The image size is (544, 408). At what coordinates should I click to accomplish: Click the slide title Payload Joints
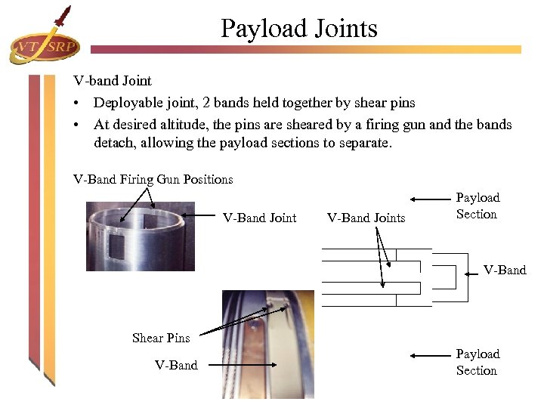click(x=298, y=29)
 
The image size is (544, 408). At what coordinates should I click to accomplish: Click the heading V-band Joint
click(x=112, y=80)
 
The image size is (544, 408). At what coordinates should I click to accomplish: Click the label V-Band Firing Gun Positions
click(x=153, y=179)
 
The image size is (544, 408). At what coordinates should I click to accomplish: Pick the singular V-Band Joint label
click(x=259, y=218)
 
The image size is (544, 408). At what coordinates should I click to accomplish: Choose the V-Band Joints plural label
click(x=366, y=218)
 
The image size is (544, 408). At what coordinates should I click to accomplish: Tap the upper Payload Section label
click(x=477, y=206)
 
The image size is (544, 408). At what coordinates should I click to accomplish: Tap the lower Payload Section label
click(x=477, y=362)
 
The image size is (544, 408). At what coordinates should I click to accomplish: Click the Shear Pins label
click(x=161, y=338)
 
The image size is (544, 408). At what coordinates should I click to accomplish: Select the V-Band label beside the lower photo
click(x=176, y=365)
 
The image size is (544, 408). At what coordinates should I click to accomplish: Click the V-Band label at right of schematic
click(x=504, y=270)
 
